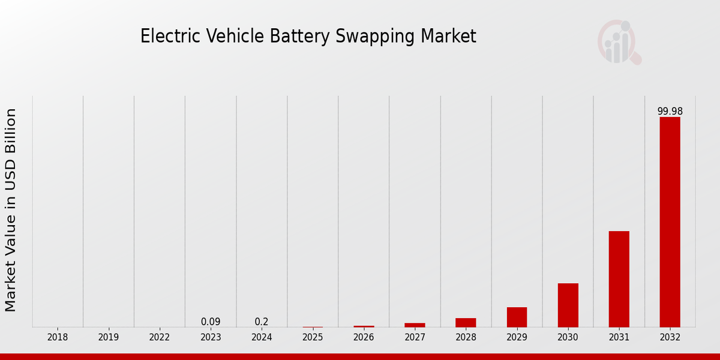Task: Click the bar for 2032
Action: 670,222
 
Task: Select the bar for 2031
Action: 619,279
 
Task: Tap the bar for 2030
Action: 568,305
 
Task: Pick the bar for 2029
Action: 517,317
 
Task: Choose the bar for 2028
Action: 466,322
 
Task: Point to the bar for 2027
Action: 415,325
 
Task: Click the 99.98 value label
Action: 670,112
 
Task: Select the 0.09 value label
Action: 211,322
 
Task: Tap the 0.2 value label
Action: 262,322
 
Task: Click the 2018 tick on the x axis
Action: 58,337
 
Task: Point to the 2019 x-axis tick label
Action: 109,337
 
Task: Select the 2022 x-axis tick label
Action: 160,337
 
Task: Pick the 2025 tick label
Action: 313,337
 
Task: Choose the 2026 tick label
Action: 364,337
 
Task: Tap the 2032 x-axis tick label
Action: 670,337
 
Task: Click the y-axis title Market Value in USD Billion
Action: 11,210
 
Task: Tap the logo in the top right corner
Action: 619,42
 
